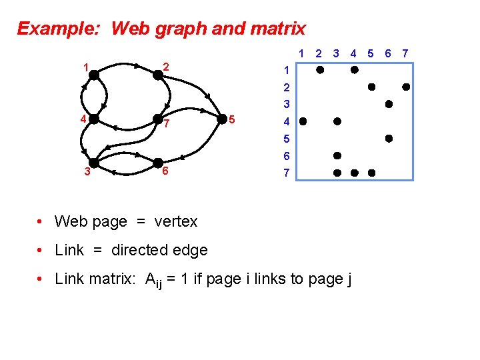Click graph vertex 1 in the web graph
coord(95,75)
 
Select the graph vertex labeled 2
coord(158,75)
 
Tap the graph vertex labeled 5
coord(223,119)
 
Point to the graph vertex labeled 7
coord(158,120)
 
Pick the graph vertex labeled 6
coord(158,163)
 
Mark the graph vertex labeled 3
coord(94,163)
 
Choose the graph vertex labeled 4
coord(94,119)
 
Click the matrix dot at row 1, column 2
coord(320,69)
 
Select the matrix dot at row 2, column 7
coord(405,87)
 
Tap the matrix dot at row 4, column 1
coord(303,121)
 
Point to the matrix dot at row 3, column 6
coord(388,104)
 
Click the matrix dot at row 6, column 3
coord(337,155)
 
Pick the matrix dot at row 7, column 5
coord(371,173)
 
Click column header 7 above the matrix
coord(405,53)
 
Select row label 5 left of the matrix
coord(286,139)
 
